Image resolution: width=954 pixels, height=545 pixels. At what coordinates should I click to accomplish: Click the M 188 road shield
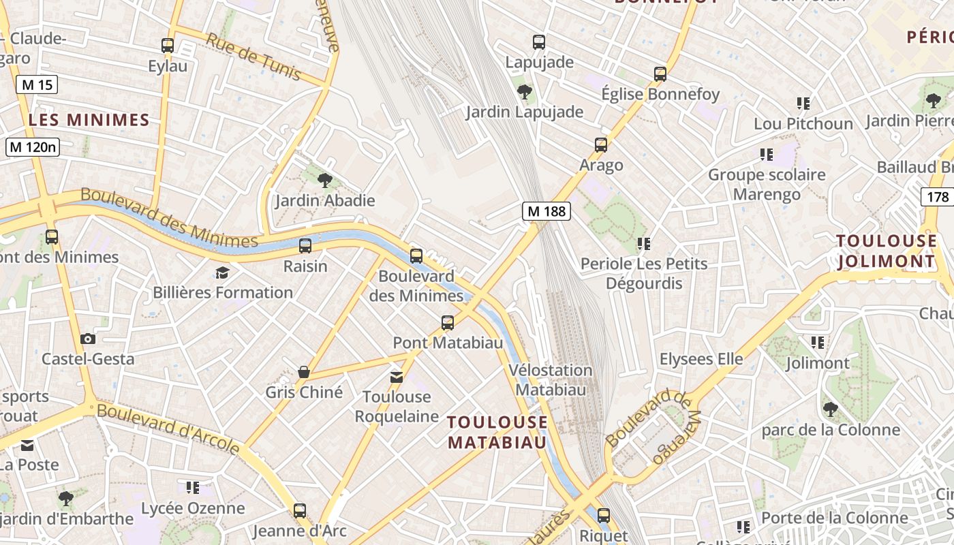pos(547,211)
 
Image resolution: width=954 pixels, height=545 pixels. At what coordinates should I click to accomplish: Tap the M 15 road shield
pos(37,84)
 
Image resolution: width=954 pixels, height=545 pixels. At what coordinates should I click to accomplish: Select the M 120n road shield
pos(33,146)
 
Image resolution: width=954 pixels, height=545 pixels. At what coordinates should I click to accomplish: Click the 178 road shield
pos(938,197)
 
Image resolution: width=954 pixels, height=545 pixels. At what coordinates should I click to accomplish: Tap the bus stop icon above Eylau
pos(168,46)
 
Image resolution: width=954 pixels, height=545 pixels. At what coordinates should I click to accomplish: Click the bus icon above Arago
pos(600,144)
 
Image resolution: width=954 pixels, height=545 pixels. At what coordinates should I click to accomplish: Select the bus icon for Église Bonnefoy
pos(660,74)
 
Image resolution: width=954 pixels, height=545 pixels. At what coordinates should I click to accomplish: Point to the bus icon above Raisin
pos(305,246)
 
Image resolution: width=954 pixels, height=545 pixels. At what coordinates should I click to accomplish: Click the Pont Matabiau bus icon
pos(448,322)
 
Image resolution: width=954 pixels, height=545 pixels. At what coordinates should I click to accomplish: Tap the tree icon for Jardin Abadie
pos(325,181)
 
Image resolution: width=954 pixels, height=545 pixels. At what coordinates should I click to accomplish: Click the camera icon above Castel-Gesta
pos(88,339)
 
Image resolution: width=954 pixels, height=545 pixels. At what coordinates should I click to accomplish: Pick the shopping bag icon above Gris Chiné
pos(304,372)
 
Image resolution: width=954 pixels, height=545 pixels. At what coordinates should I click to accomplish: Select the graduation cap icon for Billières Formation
pos(222,273)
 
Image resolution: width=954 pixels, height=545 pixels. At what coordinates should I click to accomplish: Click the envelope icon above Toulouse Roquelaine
pos(397,377)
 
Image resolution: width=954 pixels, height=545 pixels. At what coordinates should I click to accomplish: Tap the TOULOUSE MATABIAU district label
pos(497,432)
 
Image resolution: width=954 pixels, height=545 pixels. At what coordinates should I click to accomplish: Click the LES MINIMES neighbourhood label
pos(89,121)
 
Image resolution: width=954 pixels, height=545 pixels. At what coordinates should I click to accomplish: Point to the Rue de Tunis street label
pos(253,57)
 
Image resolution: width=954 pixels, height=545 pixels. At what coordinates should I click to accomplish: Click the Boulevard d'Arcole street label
pos(168,428)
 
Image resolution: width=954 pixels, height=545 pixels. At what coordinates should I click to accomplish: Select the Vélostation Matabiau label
pos(551,380)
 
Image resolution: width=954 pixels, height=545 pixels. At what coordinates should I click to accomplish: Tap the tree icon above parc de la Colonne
pos(830,409)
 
